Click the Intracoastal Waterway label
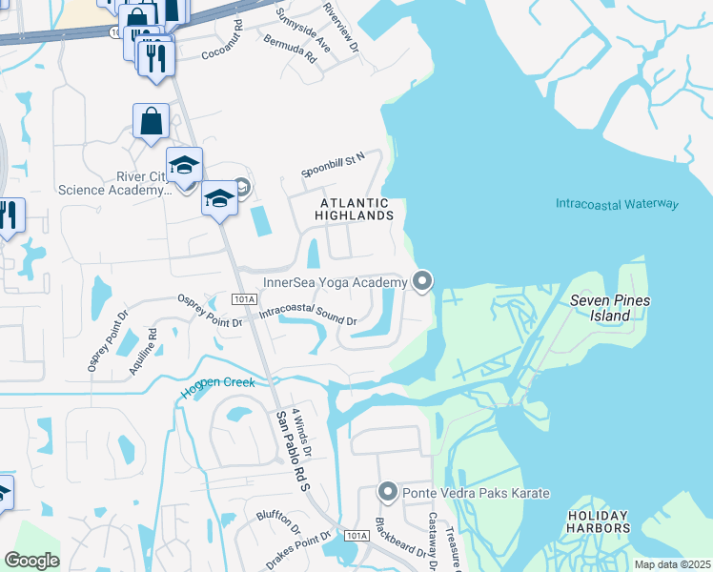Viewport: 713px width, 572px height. pyautogui.click(x=617, y=204)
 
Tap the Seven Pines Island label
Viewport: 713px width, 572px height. pyautogui.click(x=609, y=307)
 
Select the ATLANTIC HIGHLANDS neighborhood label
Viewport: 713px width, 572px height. pyautogui.click(x=355, y=209)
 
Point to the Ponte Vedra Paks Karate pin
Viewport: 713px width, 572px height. pyautogui.click(x=388, y=492)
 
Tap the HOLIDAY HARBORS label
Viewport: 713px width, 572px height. pyautogui.click(x=599, y=521)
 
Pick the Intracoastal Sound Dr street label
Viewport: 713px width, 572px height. pyautogui.click(x=308, y=315)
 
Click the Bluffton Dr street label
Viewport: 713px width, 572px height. pyautogui.click(x=277, y=521)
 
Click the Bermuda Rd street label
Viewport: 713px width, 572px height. pyautogui.click(x=297, y=50)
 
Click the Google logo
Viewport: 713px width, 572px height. pyautogui.click(x=31, y=560)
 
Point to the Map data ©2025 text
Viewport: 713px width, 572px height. pyautogui.click(x=671, y=564)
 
